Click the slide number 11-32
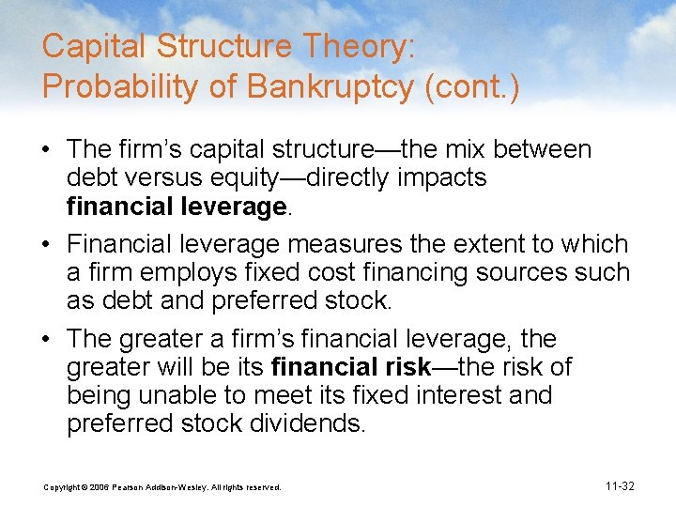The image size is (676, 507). [x=620, y=485]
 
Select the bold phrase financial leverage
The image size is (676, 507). [x=177, y=207]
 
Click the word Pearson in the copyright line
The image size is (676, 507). [x=132, y=486]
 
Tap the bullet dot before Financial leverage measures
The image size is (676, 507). [x=52, y=244]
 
